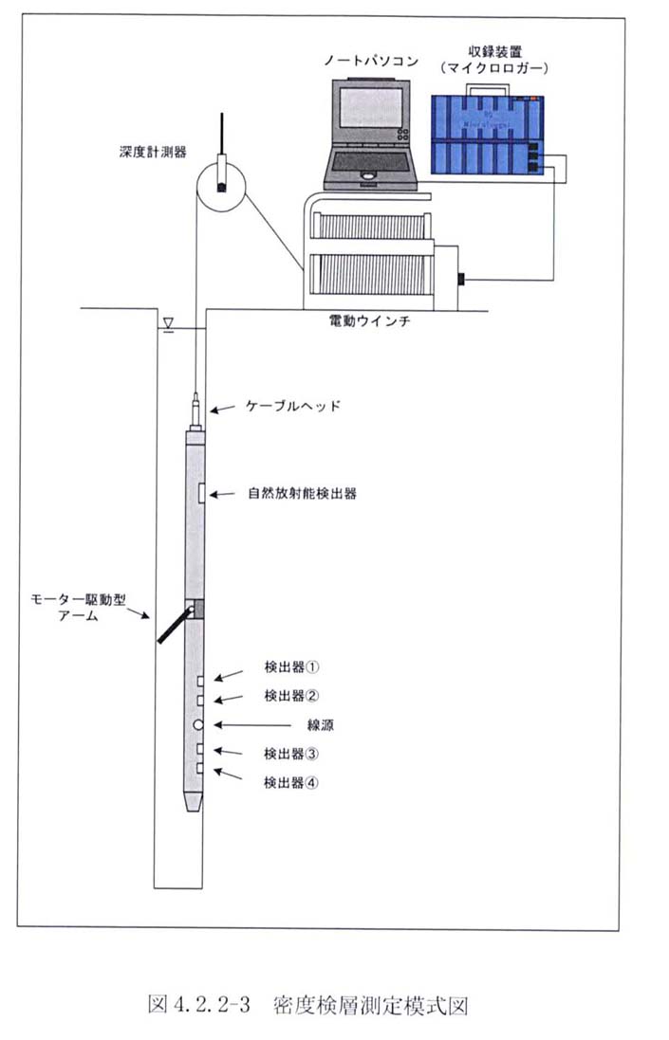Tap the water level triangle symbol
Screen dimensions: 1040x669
point(168,324)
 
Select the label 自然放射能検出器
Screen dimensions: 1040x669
point(302,494)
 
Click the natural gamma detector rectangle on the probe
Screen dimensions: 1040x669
point(200,494)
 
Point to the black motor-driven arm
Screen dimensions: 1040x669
point(174,629)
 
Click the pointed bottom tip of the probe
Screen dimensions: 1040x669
point(195,809)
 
